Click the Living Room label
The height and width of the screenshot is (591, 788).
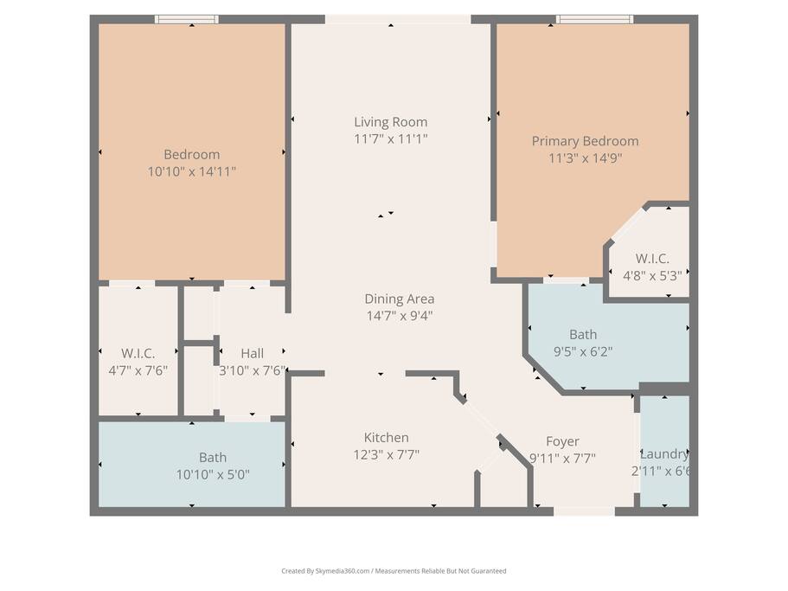pos(390,122)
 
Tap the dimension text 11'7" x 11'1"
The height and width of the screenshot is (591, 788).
pos(390,138)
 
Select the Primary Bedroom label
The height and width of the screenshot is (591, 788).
pos(585,141)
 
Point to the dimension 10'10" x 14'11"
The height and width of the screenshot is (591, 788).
pos(191,172)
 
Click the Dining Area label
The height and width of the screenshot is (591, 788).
pos(400,299)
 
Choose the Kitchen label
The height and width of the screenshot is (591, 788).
pos(386,438)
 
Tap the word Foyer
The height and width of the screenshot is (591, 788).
pos(562,442)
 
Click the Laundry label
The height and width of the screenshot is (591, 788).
pos(664,454)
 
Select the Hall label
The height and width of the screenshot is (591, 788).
pos(253,354)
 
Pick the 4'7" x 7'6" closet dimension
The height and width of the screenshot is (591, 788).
pos(138,371)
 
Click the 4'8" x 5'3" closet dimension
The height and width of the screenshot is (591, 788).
pos(652,276)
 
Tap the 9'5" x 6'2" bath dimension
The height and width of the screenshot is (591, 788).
pos(583,352)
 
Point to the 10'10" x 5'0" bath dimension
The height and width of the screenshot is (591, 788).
pos(213,475)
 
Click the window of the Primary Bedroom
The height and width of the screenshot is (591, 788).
pos(594,19)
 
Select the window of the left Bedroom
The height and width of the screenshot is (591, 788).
pos(187,19)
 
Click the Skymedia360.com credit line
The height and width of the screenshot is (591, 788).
pos(394,571)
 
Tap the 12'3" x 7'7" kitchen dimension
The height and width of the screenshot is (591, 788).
pos(386,455)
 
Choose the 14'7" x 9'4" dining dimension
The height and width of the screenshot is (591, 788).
pos(400,316)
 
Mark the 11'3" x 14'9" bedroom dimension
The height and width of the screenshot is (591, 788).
pos(585,158)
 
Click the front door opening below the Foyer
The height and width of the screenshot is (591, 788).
pos(585,511)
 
